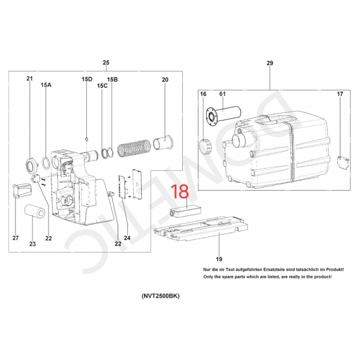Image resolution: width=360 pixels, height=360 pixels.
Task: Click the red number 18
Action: (x=180, y=191)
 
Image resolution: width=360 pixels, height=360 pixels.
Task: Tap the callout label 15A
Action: (x=46, y=85)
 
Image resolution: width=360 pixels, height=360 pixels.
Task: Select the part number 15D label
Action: (x=87, y=79)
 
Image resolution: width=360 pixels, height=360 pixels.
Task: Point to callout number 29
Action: (x=270, y=63)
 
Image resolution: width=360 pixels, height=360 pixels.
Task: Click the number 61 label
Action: (x=222, y=94)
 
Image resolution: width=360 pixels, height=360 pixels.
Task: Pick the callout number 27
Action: (x=15, y=238)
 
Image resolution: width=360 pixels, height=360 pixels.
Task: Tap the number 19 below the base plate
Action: (x=219, y=259)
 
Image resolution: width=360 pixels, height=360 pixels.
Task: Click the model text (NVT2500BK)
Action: (x=161, y=296)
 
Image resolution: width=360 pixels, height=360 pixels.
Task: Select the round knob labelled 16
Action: (x=206, y=147)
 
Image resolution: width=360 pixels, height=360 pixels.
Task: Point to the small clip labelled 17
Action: (x=343, y=162)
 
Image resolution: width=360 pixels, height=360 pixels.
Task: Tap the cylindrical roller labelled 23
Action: (x=35, y=213)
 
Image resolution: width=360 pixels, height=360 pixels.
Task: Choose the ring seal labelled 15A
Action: (x=46, y=163)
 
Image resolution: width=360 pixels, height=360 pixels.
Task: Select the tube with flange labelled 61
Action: (x=223, y=115)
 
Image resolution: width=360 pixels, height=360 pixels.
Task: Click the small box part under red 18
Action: (x=185, y=211)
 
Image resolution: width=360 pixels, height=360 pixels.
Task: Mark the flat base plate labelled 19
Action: (x=201, y=229)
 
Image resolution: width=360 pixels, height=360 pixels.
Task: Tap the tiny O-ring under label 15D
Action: (x=86, y=139)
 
